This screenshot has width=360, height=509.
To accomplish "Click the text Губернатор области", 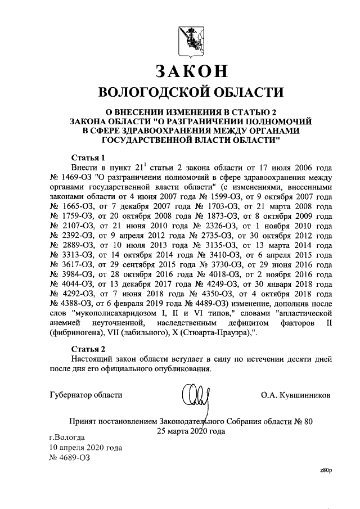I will pyautogui.click(x=85, y=394).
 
